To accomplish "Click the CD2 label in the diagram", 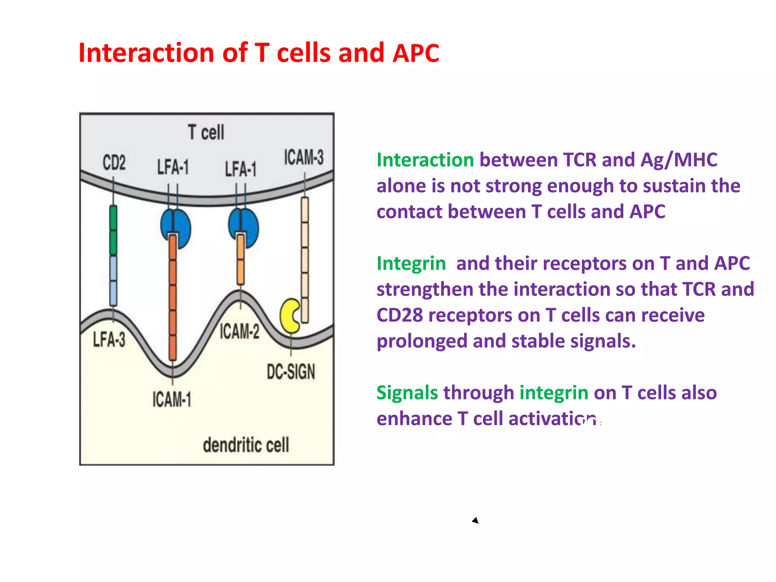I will [x=114, y=163].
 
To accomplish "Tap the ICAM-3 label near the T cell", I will [x=304, y=157].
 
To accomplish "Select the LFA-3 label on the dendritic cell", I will [x=109, y=339].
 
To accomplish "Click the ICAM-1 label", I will [x=172, y=399].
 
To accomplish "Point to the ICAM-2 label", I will [x=239, y=332].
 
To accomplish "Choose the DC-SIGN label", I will [x=291, y=372].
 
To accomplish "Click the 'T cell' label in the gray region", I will [x=206, y=133].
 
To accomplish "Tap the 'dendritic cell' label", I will [x=246, y=445].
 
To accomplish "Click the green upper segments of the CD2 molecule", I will [x=113, y=230].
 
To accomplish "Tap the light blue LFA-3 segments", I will [x=113, y=281].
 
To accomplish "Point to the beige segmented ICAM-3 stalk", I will [x=305, y=260].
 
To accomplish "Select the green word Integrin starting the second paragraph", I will [x=411, y=263].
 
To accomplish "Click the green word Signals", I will [x=407, y=393].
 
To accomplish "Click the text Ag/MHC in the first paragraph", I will [x=679, y=160].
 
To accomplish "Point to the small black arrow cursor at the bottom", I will [x=476, y=521].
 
